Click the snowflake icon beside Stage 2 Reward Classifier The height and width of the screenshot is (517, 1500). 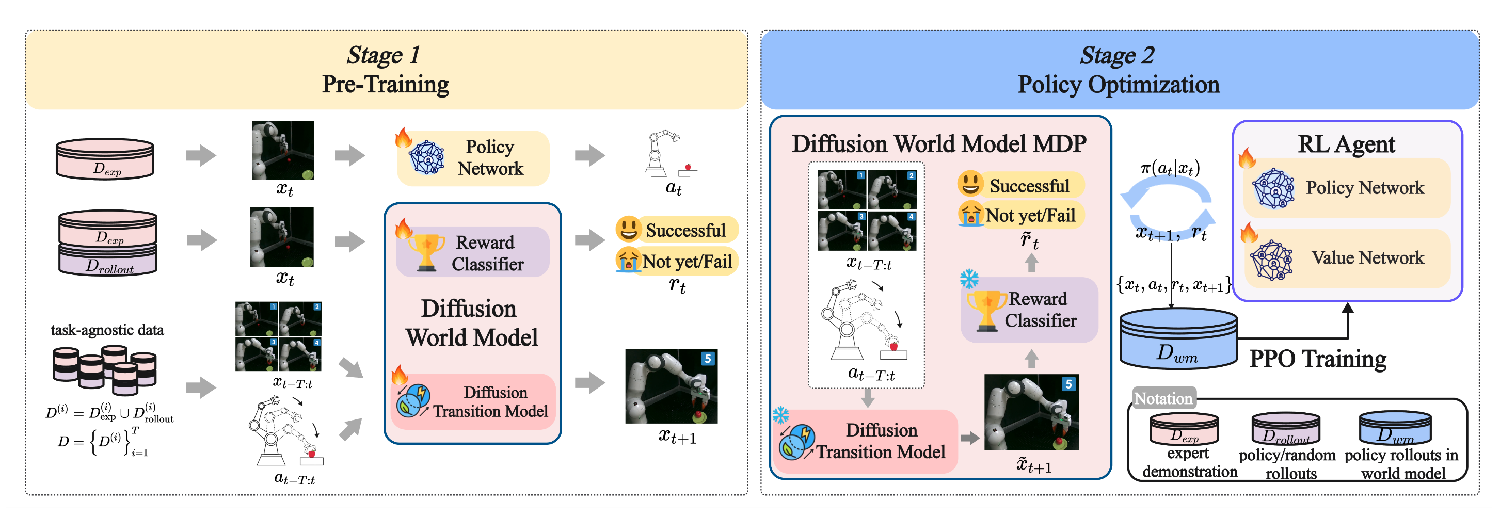969,279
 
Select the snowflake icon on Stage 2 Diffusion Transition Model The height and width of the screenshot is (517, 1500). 780,415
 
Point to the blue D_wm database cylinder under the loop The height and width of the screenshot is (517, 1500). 1178,340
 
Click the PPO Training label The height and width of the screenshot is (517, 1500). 1317,359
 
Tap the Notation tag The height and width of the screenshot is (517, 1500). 1163,398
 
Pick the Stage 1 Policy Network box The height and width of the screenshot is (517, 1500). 473,158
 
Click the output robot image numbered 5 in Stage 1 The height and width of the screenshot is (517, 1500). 671,386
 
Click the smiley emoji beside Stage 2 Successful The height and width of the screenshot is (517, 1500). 970,184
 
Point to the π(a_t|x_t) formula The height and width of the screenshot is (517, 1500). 1170,169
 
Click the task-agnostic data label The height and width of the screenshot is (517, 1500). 107,330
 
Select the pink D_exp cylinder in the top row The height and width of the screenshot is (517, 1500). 105,158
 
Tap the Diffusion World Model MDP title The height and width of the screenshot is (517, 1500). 939,144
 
